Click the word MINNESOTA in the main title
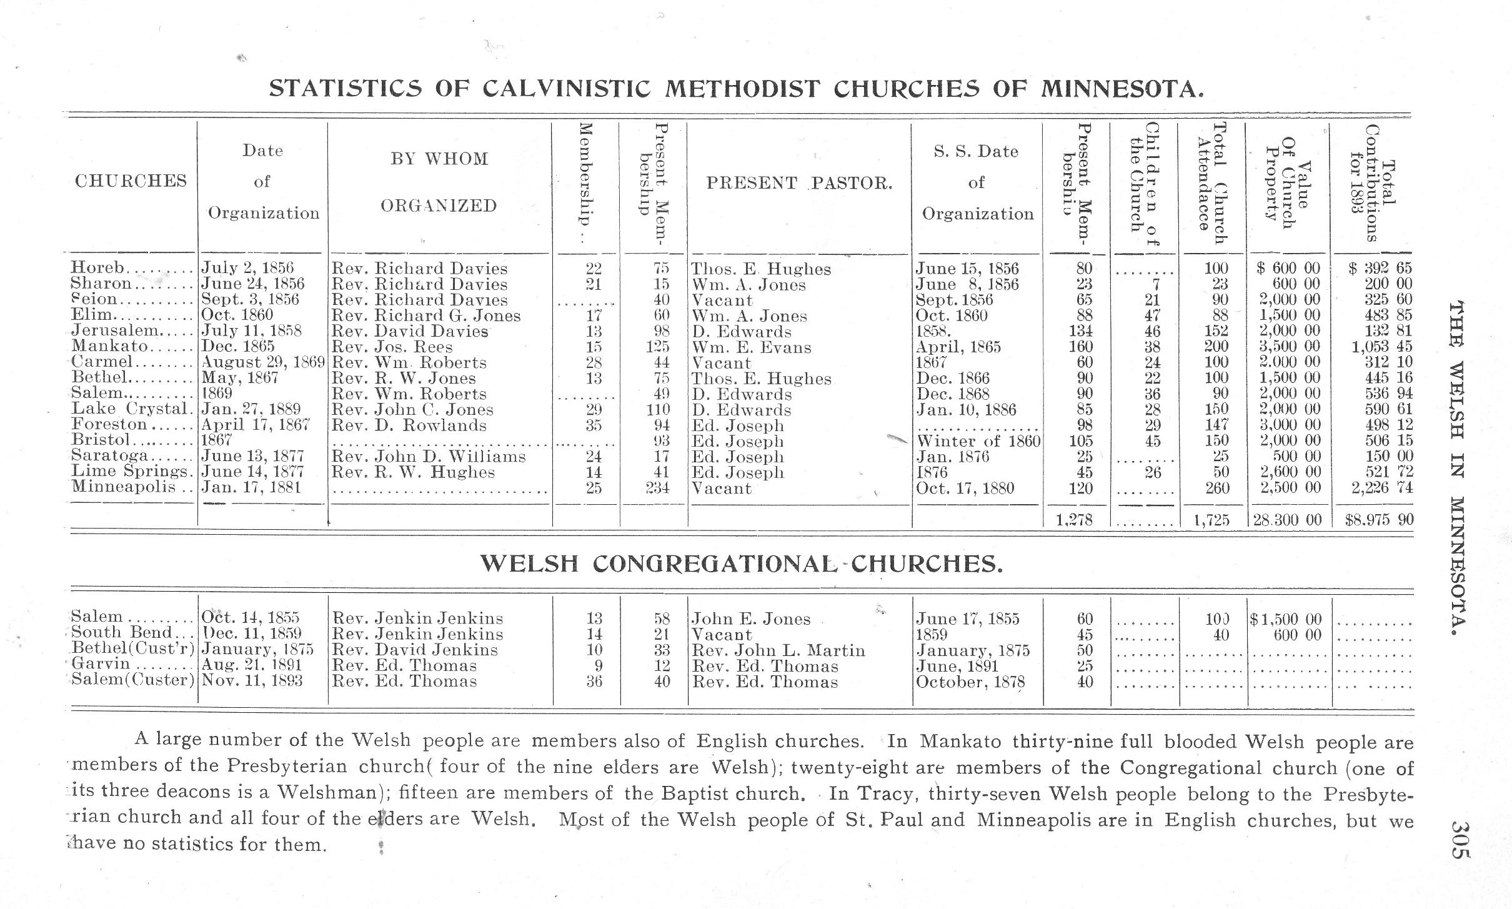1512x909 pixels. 1122,90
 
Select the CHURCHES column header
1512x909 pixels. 131,181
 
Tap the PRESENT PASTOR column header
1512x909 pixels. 799,183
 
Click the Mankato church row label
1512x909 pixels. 110,346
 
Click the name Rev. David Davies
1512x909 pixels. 409,331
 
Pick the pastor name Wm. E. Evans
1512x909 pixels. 752,347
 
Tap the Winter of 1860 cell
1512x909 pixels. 978,441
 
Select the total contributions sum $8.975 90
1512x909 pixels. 1379,520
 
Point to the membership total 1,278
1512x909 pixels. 1074,520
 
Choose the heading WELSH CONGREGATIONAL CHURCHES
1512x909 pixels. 742,564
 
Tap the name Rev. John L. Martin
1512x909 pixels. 778,650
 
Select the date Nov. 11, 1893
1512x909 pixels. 252,681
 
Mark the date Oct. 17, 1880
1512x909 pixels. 965,488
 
